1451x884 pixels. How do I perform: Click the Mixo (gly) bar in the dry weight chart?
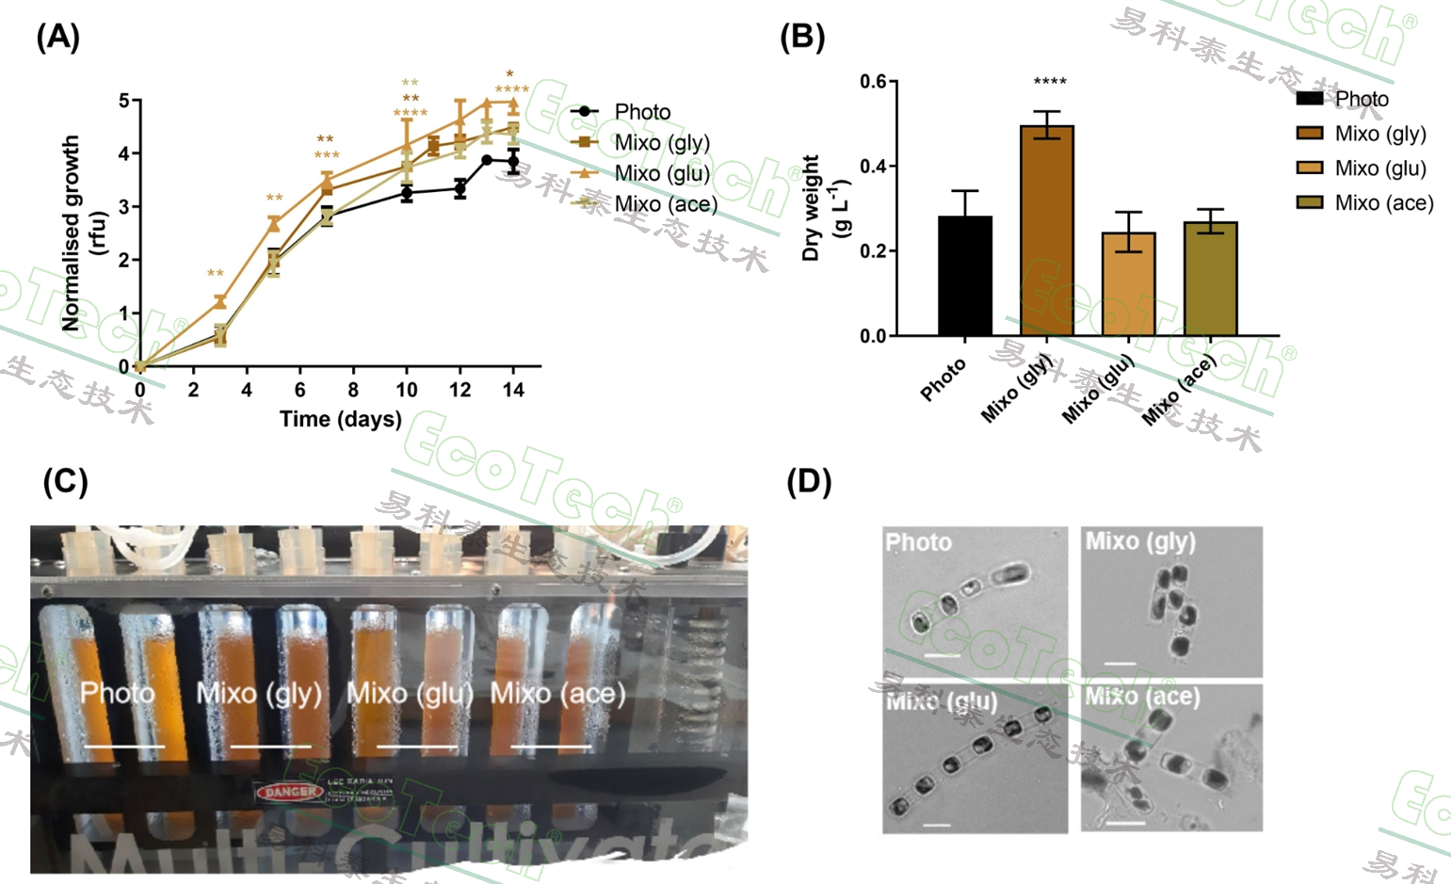[1046, 231]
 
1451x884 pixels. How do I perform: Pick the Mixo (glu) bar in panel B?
[1128, 283]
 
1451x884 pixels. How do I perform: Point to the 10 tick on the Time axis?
[407, 390]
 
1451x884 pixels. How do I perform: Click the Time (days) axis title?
[341, 419]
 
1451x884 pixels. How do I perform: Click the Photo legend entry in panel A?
[642, 112]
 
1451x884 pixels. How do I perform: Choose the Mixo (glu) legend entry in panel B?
[1379, 169]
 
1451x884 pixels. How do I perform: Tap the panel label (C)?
[65, 482]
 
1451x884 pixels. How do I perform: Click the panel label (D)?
[809, 482]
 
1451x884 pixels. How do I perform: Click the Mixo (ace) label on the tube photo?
[557, 694]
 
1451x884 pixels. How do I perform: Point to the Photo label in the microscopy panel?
[918, 542]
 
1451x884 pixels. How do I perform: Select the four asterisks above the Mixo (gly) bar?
[1050, 82]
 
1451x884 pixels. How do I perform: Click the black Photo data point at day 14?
[513, 162]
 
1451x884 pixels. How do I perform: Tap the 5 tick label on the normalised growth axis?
[124, 101]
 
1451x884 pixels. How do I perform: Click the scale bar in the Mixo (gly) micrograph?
[1120, 663]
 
